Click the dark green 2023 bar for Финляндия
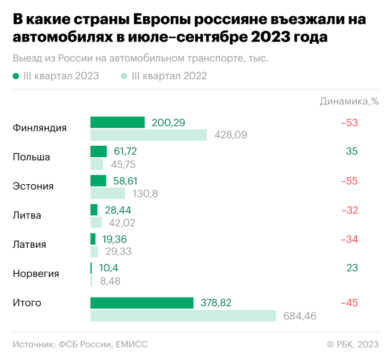(x=117, y=122)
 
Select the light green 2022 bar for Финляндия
(x=148, y=135)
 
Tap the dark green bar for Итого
(x=141, y=303)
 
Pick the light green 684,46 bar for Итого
(x=183, y=316)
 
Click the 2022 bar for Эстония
(x=107, y=193)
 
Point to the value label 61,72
(x=125, y=151)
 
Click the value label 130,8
(x=145, y=193)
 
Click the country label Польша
(x=31, y=157)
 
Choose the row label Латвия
(x=29, y=245)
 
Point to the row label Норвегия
(x=36, y=274)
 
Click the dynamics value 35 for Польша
(x=351, y=151)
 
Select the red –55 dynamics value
(x=349, y=181)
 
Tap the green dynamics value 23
(x=351, y=268)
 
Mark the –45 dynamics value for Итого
(x=349, y=303)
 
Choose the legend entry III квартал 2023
(x=56, y=76)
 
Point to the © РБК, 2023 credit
(x=352, y=344)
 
